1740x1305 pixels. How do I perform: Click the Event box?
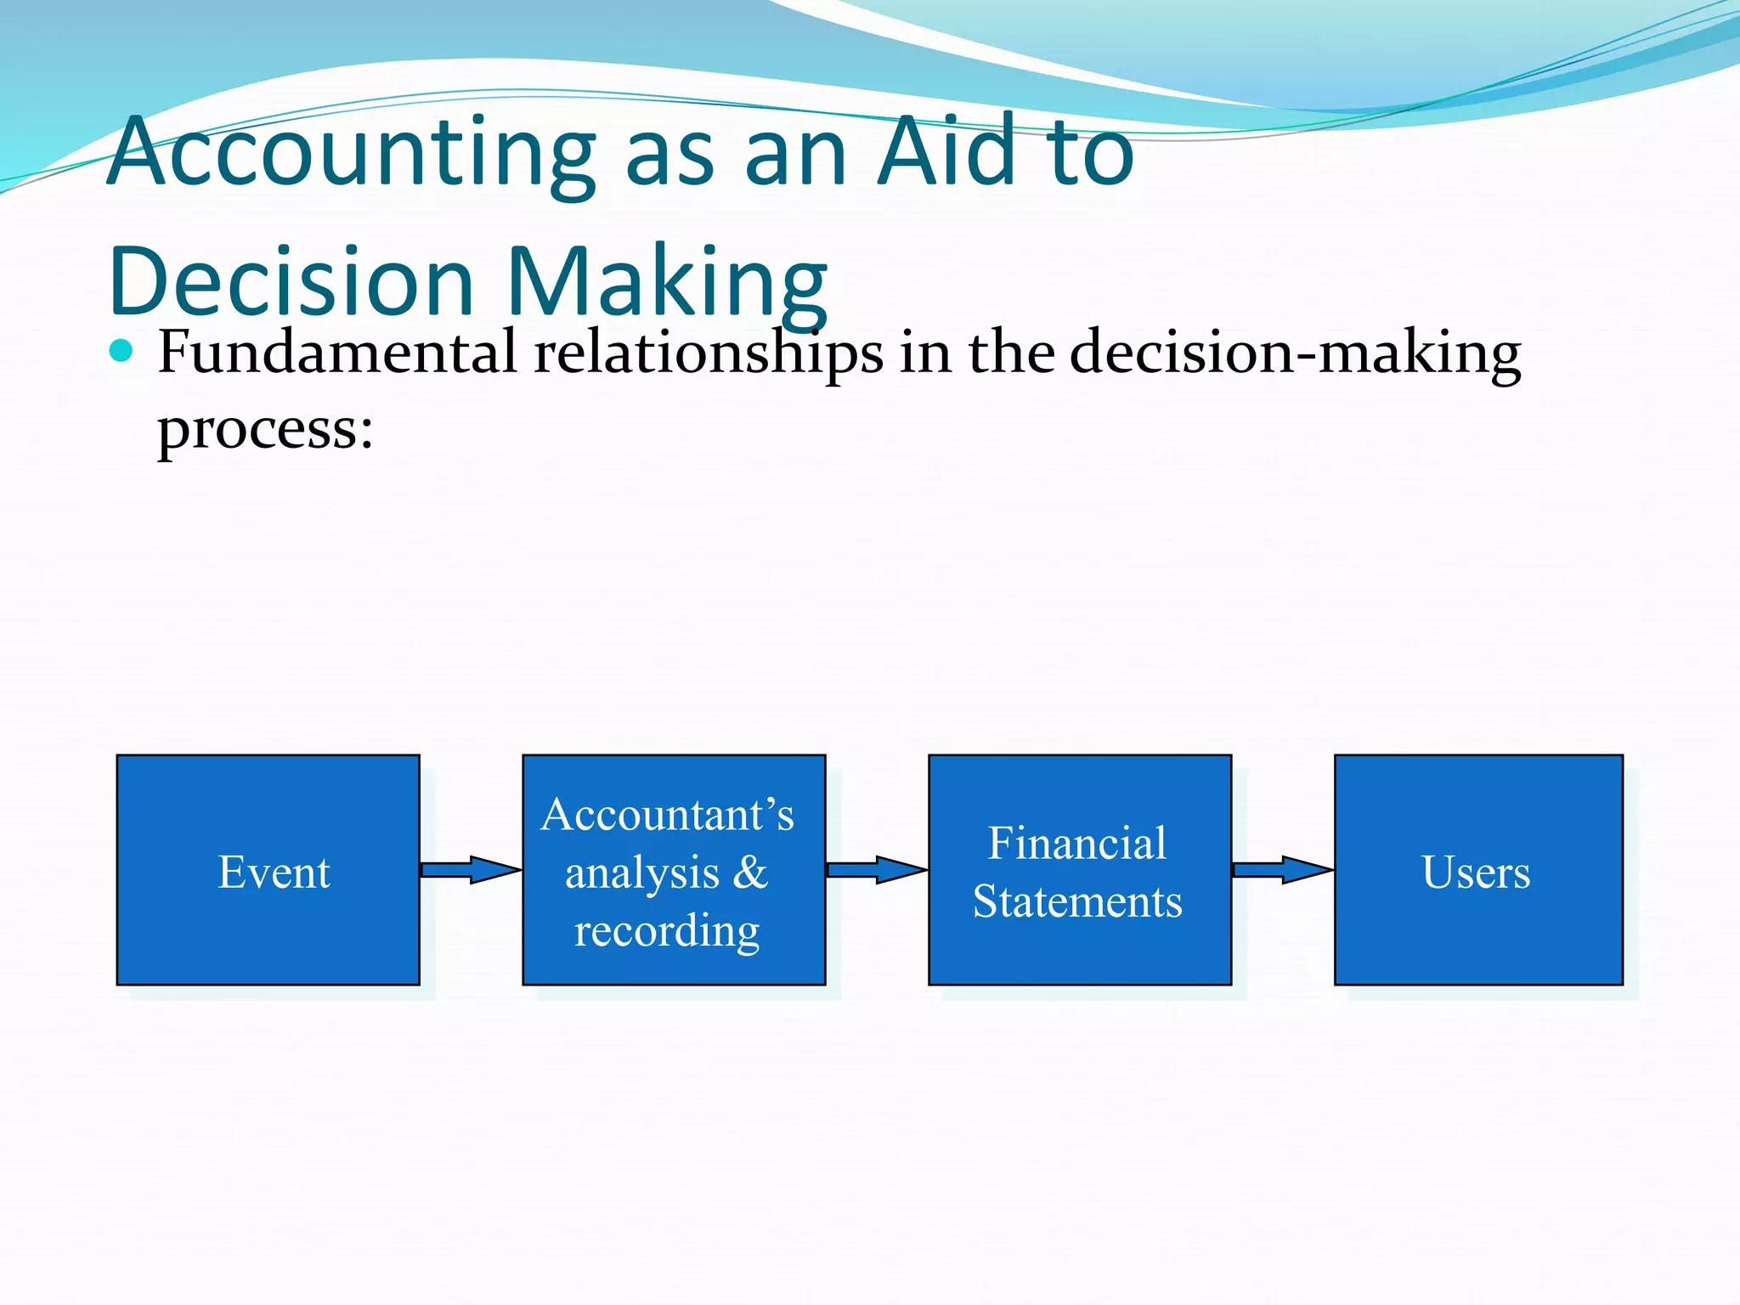point(268,870)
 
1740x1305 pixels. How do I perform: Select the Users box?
point(1478,870)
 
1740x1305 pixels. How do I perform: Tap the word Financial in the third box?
point(1077,844)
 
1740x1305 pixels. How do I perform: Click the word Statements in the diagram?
point(1077,901)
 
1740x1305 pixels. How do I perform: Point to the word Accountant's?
point(668,815)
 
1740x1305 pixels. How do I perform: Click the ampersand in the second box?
point(749,872)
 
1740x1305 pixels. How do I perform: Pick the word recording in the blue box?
point(667,930)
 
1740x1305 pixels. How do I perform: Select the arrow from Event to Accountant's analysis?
point(471,869)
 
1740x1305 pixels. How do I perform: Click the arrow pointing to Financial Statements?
point(877,869)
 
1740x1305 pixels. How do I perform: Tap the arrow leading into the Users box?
point(1283,869)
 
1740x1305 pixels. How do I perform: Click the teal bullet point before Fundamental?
point(121,351)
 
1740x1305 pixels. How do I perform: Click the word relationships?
point(708,353)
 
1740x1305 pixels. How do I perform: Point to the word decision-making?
point(1295,353)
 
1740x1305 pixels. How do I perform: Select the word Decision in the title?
point(291,281)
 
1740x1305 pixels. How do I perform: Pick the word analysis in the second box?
point(642,873)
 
